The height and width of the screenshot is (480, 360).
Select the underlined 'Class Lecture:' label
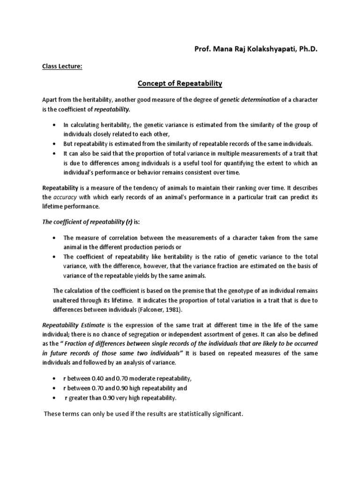point(62,67)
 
